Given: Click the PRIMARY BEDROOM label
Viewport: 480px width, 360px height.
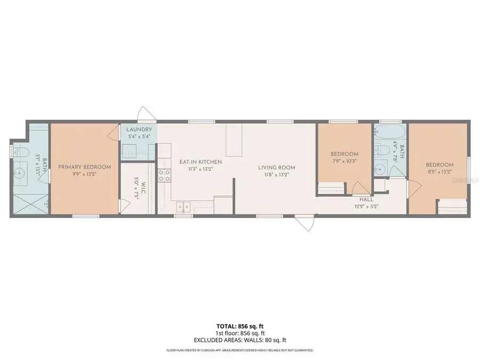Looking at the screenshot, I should [84, 167].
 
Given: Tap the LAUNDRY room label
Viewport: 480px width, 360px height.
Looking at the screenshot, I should [139, 130].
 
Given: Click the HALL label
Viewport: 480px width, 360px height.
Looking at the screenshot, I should [366, 199].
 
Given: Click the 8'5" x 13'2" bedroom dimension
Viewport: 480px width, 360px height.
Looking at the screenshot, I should [439, 172].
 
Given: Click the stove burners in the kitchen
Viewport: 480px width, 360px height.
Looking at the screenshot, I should [164, 175].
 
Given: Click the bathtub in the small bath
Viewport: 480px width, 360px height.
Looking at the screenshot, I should [389, 133].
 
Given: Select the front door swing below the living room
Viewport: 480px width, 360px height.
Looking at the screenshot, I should [306, 223].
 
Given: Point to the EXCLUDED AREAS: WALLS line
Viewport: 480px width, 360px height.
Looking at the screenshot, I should [239, 339].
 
